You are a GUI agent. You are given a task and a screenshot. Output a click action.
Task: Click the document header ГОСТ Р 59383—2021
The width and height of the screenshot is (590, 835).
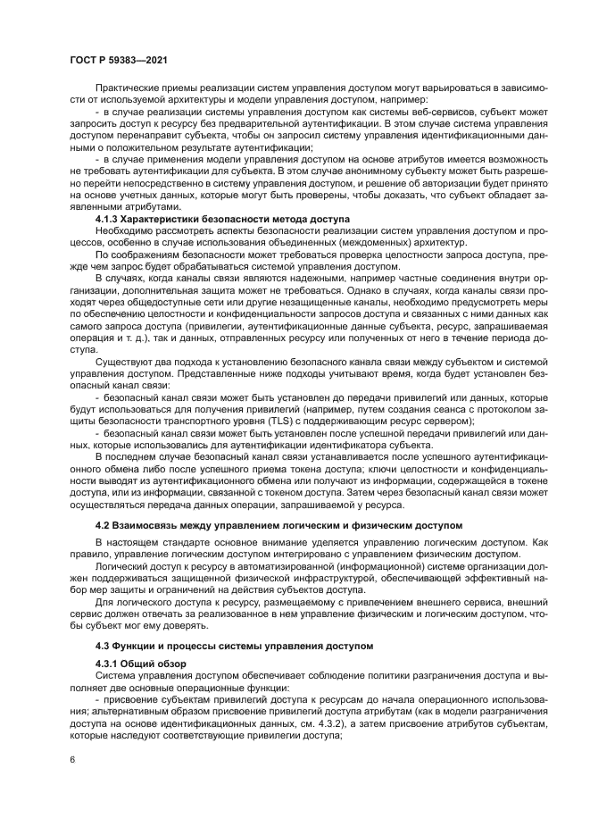pyautogui.click(x=118, y=60)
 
